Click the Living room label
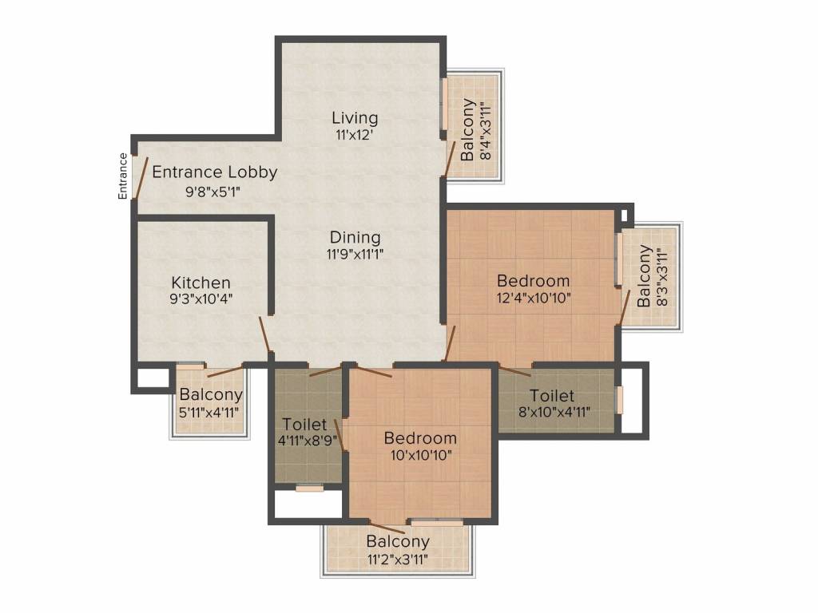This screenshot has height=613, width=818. [355, 118]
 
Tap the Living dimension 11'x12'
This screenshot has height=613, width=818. [354, 135]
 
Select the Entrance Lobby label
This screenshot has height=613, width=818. [214, 172]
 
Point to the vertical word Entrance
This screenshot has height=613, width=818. [122, 176]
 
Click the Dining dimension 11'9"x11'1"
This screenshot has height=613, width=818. [355, 255]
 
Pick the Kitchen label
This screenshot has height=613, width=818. [201, 283]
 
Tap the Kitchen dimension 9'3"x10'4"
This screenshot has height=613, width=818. [201, 299]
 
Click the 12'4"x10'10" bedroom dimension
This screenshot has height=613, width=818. [534, 299]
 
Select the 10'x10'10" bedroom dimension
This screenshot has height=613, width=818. [421, 455]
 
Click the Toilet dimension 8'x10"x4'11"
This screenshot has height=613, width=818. [554, 413]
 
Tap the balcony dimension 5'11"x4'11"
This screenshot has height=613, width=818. [208, 413]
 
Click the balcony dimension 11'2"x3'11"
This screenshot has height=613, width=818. [398, 560]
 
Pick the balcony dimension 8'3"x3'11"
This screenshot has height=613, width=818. [662, 277]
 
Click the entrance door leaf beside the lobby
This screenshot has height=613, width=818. [141, 178]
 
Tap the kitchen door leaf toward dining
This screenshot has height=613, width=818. [264, 334]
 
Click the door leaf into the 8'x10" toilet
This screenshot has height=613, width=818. [515, 371]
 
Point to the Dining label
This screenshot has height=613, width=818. [355, 238]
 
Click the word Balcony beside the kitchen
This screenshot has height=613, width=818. [211, 394]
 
